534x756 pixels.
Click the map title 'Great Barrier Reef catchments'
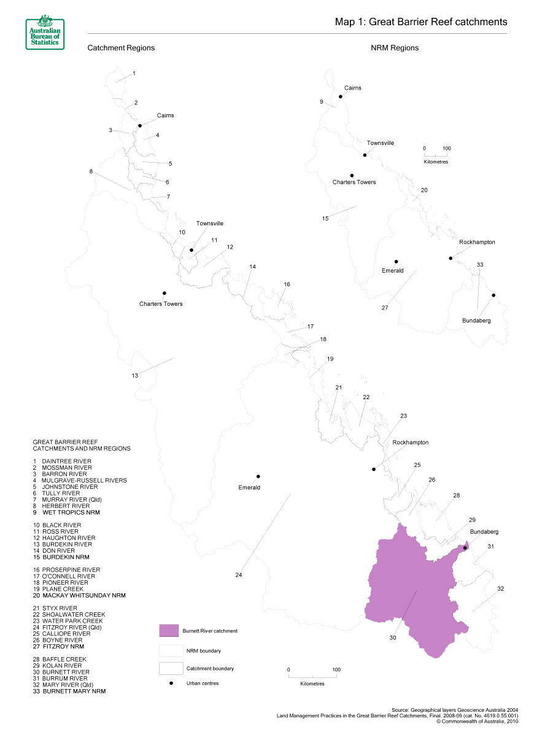pos(421,22)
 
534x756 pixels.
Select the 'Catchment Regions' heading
pos(121,48)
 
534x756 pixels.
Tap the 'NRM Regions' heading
pos(395,48)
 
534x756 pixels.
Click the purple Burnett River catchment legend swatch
pos(168,631)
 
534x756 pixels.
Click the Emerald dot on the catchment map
pos(258,477)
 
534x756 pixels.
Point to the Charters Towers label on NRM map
pos(354,182)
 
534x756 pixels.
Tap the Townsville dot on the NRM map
pos(365,155)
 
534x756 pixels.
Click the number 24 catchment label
pos(238,575)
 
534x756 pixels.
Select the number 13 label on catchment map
pos(135,376)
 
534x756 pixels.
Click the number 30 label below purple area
pos(392,638)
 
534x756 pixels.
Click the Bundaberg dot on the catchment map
pos(465,548)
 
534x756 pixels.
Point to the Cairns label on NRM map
pos(352,88)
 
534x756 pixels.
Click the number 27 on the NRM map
pos(385,308)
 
